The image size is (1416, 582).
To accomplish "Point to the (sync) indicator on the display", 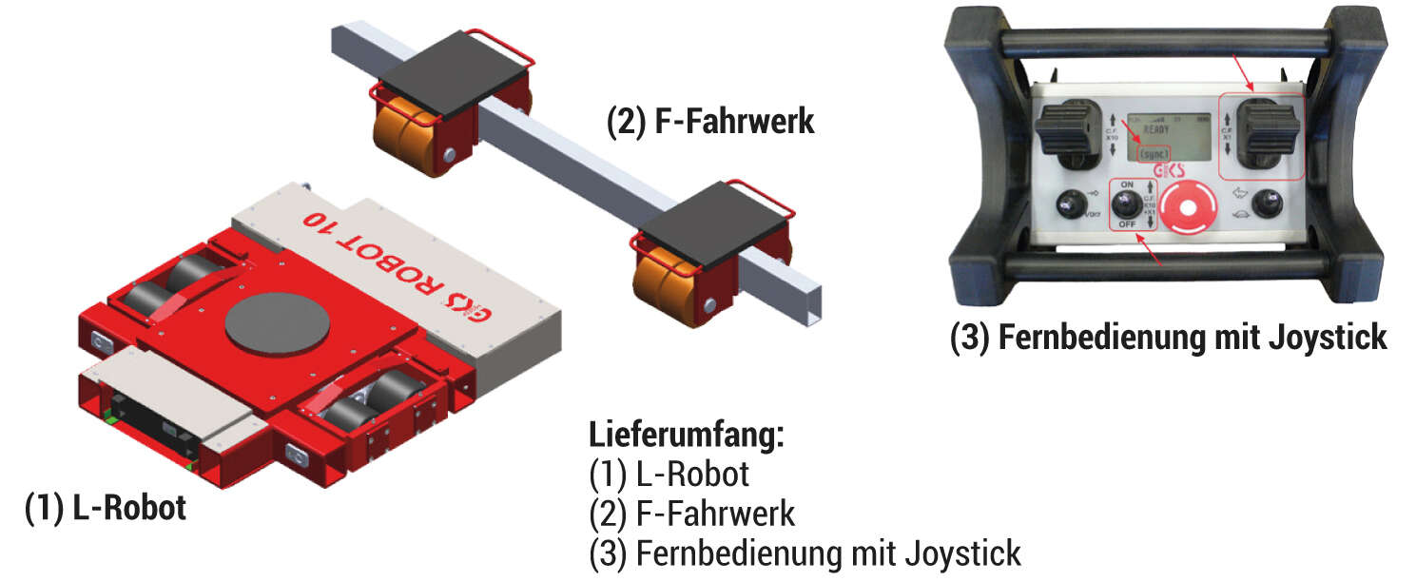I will (x=1154, y=153).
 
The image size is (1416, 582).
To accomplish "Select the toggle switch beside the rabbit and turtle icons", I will (x=1265, y=204).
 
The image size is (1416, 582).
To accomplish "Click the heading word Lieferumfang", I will (x=687, y=436).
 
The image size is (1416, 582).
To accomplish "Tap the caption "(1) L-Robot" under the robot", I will (x=105, y=509).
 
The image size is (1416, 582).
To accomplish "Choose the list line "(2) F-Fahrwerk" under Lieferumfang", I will (x=691, y=514).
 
